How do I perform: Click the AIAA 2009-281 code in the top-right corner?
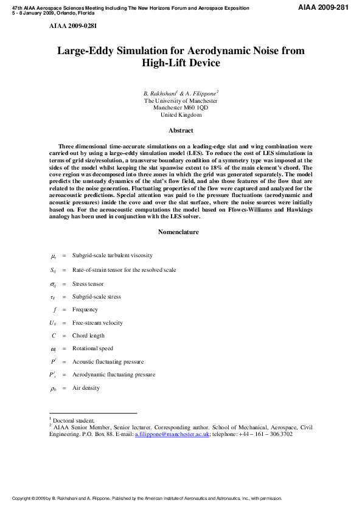click(x=326, y=7)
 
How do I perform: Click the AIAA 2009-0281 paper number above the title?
click(x=72, y=27)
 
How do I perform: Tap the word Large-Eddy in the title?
click(x=88, y=51)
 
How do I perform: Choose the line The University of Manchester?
click(x=181, y=101)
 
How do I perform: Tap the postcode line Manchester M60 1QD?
click(x=181, y=108)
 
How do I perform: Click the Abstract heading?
click(x=181, y=130)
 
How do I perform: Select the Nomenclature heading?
click(x=181, y=232)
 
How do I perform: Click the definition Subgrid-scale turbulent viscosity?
click(x=112, y=255)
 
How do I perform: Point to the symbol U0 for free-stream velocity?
click(x=54, y=323)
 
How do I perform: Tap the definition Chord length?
click(x=88, y=336)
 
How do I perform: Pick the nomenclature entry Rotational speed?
click(x=92, y=349)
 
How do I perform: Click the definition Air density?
click(x=86, y=388)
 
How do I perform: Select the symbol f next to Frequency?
click(x=54, y=310)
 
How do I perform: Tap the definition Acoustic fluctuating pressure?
click(x=108, y=362)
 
